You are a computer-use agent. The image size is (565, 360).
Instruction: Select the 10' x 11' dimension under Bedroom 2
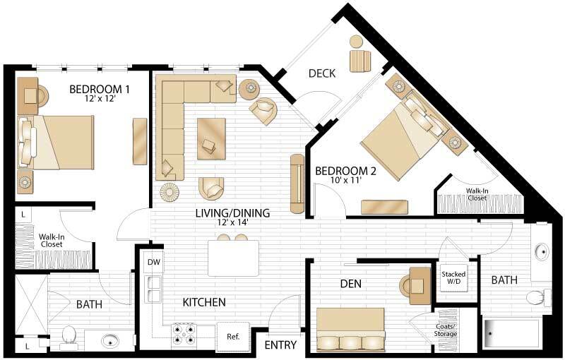click(x=347, y=181)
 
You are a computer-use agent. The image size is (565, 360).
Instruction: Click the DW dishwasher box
click(x=153, y=263)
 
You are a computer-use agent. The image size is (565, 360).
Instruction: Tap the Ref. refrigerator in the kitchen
click(x=233, y=337)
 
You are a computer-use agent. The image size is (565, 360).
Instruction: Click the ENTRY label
click(x=280, y=345)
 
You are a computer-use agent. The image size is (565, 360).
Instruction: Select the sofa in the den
click(x=350, y=331)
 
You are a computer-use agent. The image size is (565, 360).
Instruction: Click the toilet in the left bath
click(x=69, y=336)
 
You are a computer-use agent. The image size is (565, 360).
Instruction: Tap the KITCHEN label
click(x=204, y=302)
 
